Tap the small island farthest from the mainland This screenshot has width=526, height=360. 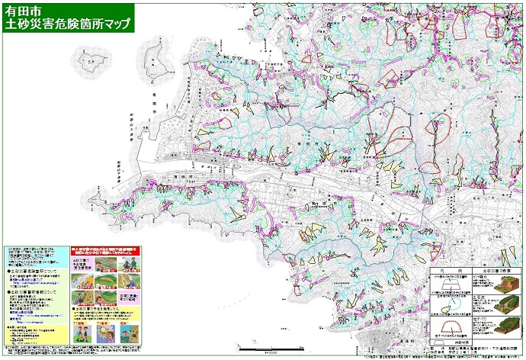click(x=91, y=59)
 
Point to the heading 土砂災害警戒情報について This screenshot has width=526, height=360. click(x=32, y=291)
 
